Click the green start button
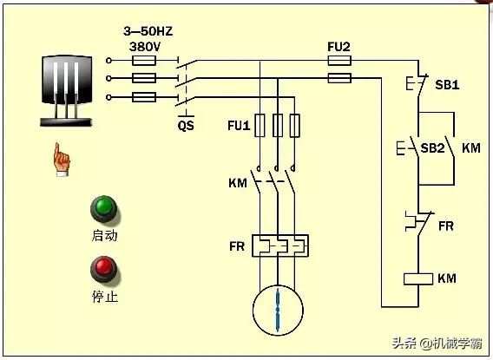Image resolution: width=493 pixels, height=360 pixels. (104, 208)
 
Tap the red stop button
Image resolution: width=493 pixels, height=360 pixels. (104, 269)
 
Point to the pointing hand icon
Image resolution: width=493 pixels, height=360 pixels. (62, 160)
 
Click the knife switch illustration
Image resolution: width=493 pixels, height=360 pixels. (66, 91)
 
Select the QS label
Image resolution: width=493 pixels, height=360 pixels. (186, 126)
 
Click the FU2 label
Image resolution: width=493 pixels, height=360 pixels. (339, 47)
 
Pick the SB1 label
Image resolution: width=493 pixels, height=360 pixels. (447, 85)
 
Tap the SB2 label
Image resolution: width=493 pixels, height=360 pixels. (432, 148)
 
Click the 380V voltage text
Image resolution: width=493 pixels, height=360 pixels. (145, 47)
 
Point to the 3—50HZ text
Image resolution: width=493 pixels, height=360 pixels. (148, 31)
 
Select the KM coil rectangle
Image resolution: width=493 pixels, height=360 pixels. (418, 279)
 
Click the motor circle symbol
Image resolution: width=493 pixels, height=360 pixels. (278, 311)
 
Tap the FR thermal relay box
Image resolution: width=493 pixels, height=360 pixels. (280, 245)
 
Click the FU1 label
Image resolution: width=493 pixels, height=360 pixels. (239, 126)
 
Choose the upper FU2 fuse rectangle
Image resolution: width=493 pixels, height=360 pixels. (339, 61)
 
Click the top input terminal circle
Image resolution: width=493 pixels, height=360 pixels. (108, 61)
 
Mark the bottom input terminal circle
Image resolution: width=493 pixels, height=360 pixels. (108, 97)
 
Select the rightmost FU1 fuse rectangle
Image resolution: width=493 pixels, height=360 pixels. (294, 126)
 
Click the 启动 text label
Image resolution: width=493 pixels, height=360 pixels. (105, 235)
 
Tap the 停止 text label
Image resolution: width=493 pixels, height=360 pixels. (105, 296)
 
